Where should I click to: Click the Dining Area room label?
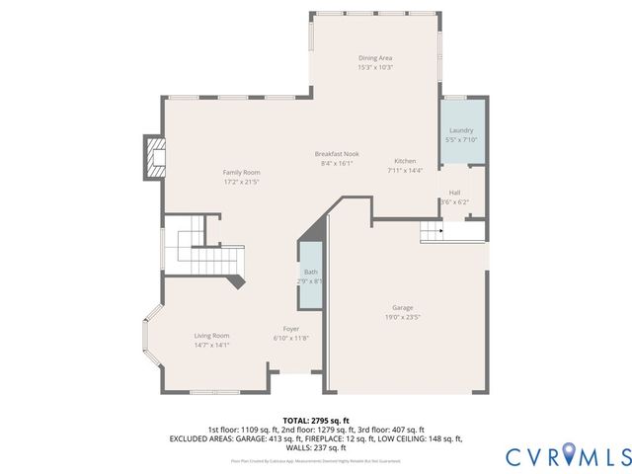[375, 58]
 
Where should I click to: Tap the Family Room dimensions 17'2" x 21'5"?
[240, 183]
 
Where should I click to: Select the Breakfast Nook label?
[337, 154]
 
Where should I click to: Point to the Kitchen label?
[406, 161]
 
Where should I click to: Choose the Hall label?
[454, 193]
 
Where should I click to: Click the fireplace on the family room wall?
[154, 156]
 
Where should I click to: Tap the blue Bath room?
[310, 276]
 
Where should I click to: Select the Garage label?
[402, 307]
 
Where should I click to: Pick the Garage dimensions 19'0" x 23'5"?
[402, 317]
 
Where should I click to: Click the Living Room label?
[211, 336]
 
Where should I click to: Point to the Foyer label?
[291, 329]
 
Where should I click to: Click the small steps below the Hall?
[432, 231]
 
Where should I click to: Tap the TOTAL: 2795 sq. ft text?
[316, 421]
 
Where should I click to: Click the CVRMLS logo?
[568, 455]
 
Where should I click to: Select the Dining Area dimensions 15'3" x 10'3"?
[375, 67]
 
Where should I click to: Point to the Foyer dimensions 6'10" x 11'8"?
[291, 339]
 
